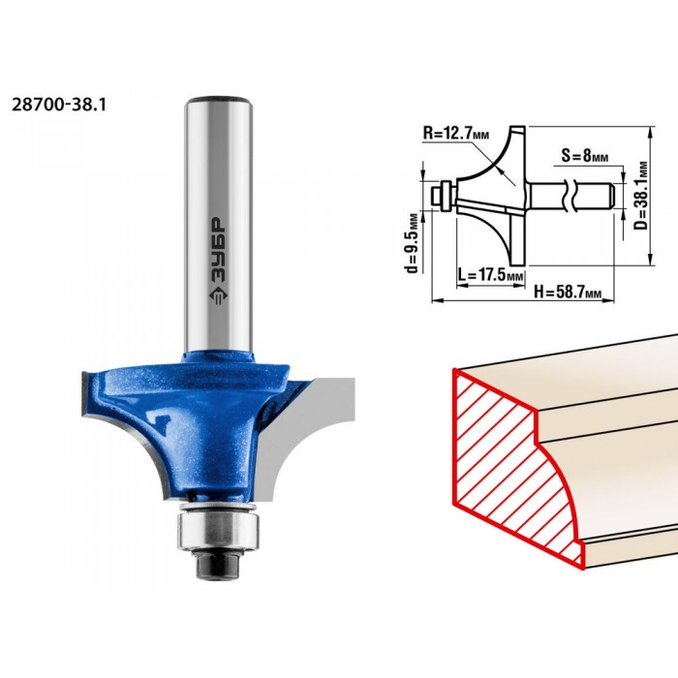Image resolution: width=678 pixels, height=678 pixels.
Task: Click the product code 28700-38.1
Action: [59, 105]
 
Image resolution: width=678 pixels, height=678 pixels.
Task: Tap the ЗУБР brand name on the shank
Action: [220, 250]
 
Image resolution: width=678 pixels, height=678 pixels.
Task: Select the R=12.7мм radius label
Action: [456, 134]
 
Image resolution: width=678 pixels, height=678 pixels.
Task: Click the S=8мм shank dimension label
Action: [585, 155]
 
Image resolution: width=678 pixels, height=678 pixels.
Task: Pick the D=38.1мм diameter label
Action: [642, 196]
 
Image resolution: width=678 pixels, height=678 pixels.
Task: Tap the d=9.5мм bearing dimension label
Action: [412, 242]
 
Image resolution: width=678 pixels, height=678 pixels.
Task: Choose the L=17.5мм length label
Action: [490, 274]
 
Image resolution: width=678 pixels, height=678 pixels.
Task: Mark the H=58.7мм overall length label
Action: [568, 292]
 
